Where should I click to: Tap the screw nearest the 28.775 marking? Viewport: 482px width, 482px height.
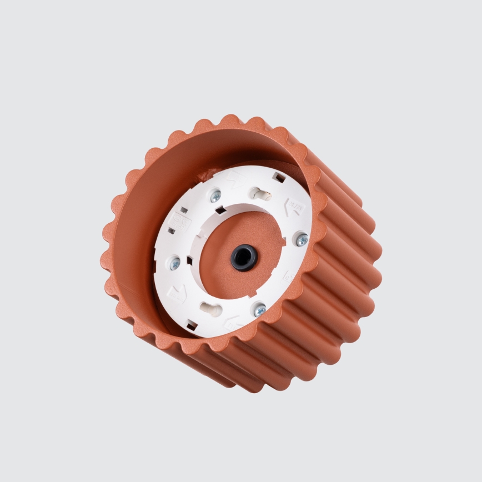302,240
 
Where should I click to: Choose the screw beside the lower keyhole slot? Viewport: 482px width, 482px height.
260,310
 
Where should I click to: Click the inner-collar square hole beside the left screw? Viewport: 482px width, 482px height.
190,260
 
